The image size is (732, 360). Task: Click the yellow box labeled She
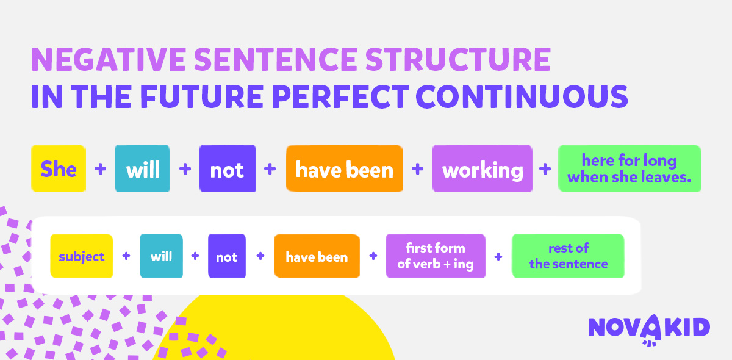pyautogui.click(x=59, y=168)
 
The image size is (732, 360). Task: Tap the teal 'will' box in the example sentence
pyautogui.click(x=143, y=168)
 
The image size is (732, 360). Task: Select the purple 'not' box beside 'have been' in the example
pyautogui.click(x=228, y=168)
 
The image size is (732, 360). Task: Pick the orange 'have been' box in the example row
pyautogui.click(x=345, y=168)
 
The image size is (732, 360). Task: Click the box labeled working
pyautogui.click(x=482, y=168)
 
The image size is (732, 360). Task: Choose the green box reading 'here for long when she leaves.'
pyautogui.click(x=629, y=168)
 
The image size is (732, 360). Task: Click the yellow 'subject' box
pyautogui.click(x=82, y=256)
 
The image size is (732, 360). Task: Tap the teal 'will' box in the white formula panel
pyautogui.click(x=162, y=256)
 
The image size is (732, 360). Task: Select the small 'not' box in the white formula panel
pyautogui.click(x=227, y=256)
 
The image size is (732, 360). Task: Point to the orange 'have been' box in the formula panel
pyautogui.click(x=317, y=256)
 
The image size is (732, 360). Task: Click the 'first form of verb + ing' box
pyautogui.click(x=436, y=256)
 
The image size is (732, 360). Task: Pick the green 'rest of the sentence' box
pyautogui.click(x=569, y=256)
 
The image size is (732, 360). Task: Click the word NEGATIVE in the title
pyautogui.click(x=109, y=59)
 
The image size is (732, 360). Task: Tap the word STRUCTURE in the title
pyautogui.click(x=458, y=59)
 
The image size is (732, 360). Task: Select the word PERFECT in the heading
pyautogui.click(x=340, y=96)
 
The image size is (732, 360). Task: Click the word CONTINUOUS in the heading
pyautogui.click(x=522, y=96)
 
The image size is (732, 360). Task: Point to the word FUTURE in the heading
pyautogui.click(x=202, y=96)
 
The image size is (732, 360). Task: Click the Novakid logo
pyautogui.click(x=649, y=329)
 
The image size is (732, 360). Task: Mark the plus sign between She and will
pyautogui.click(x=100, y=169)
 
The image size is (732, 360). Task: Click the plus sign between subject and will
pyautogui.click(x=126, y=256)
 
